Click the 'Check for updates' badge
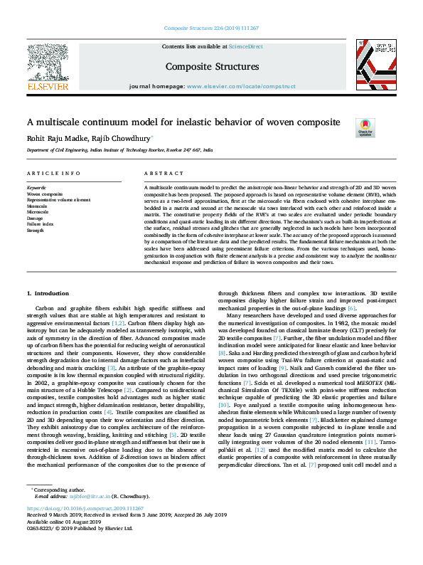(x=365, y=127)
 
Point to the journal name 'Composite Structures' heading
(x=212, y=67)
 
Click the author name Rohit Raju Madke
(x=55, y=138)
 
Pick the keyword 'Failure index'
(x=41, y=224)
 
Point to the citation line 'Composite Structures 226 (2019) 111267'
(x=211, y=28)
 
